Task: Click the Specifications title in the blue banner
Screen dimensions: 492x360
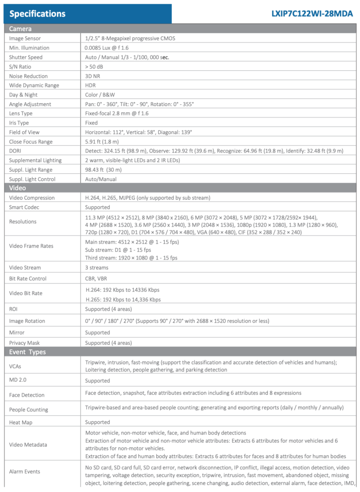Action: tap(37, 14)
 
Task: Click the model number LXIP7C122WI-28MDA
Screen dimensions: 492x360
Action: tap(312, 14)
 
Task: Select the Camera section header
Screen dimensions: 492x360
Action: tap(20, 29)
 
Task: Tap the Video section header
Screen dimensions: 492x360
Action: tap(17, 188)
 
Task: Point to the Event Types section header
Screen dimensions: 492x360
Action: tap(27, 352)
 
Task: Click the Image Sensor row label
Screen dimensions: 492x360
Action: tap(25, 39)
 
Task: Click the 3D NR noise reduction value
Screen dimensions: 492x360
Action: tap(92, 76)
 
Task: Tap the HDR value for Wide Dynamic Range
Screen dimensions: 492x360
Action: tap(91, 85)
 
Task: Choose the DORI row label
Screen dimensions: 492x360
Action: tap(15, 151)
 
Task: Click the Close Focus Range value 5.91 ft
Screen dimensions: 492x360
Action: tap(102, 141)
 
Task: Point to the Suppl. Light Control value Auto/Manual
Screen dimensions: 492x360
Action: tap(100, 179)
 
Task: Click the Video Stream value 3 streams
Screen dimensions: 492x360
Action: tap(97, 268)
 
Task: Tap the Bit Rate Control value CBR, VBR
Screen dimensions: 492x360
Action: tap(96, 278)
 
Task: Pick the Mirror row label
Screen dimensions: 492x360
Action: tap(17, 333)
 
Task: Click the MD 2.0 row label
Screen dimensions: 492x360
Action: tap(18, 380)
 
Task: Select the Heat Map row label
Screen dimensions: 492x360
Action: tap(21, 422)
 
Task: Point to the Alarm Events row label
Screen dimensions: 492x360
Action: tap(25, 471)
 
